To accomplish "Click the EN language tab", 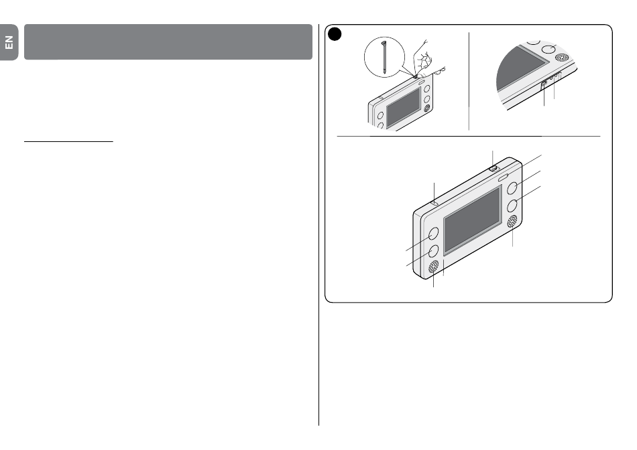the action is (x=9, y=42).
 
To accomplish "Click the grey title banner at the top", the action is (x=168, y=42).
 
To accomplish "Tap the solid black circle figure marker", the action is (x=335, y=34).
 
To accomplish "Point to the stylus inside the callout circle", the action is (x=384, y=57).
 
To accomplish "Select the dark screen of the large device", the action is (x=472, y=220).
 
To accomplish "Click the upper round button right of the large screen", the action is (x=512, y=188).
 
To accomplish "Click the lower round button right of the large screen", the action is (x=512, y=206).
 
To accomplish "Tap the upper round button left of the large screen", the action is (x=433, y=234).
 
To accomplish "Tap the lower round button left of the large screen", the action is (x=433, y=251).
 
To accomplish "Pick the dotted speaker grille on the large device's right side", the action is (x=512, y=222).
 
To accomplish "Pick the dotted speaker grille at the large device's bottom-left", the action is (x=433, y=267).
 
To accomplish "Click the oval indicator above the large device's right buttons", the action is (x=503, y=177).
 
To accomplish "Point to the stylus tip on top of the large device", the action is (x=493, y=167).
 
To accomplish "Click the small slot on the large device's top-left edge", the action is (x=435, y=202).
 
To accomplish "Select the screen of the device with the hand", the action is (x=404, y=108).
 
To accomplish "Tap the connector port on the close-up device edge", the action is (x=544, y=83).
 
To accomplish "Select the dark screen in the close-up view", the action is (x=521, y=68).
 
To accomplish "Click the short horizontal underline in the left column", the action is (x=68, y=141).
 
